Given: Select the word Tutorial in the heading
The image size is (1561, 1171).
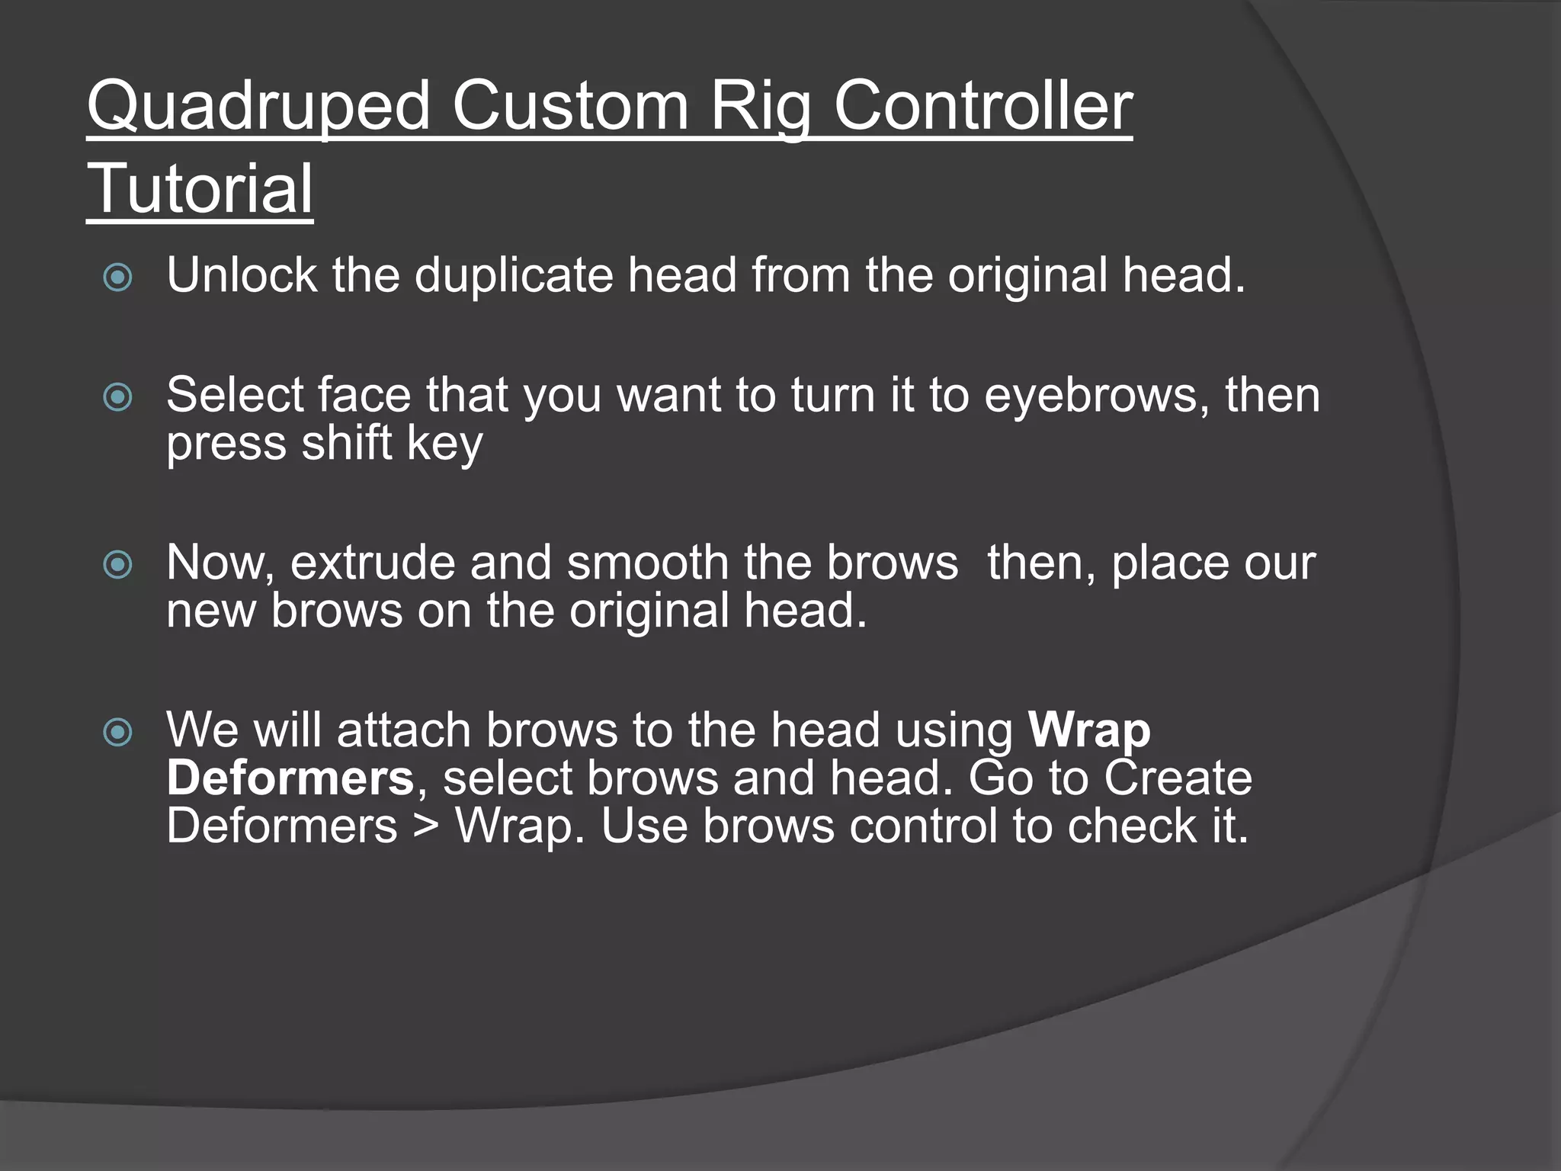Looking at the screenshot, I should pyautogui.click(x=200, y=189).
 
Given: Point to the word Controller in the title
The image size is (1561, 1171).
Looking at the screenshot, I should pyautogui.click(x=982, y=107).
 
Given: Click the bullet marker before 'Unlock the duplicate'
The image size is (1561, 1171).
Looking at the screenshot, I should pyautogui.click(x=117, y=278).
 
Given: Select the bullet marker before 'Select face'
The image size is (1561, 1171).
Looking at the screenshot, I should pyautogui.click(x=117, y=397).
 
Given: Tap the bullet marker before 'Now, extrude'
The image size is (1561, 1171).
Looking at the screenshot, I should pyautogui.click(x=117, y=565).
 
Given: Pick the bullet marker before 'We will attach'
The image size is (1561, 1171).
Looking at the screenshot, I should pyautogui.click(x=117, y=733).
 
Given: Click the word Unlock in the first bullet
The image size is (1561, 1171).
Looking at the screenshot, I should pyautogui.click(x=242, y=275).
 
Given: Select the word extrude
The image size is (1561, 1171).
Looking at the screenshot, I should pyautogui.click(x=372, y=563).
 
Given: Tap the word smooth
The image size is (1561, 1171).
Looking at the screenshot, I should pyautogui.click(x=648, y=563).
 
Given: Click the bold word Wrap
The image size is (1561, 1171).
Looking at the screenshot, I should pyautogui.click(x=1089, y=731).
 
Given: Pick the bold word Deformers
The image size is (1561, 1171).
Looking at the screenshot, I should pyautogui.click(x=290, y=778).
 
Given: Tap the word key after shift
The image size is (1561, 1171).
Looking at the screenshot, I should pyautogui.click(x=445, y=444).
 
